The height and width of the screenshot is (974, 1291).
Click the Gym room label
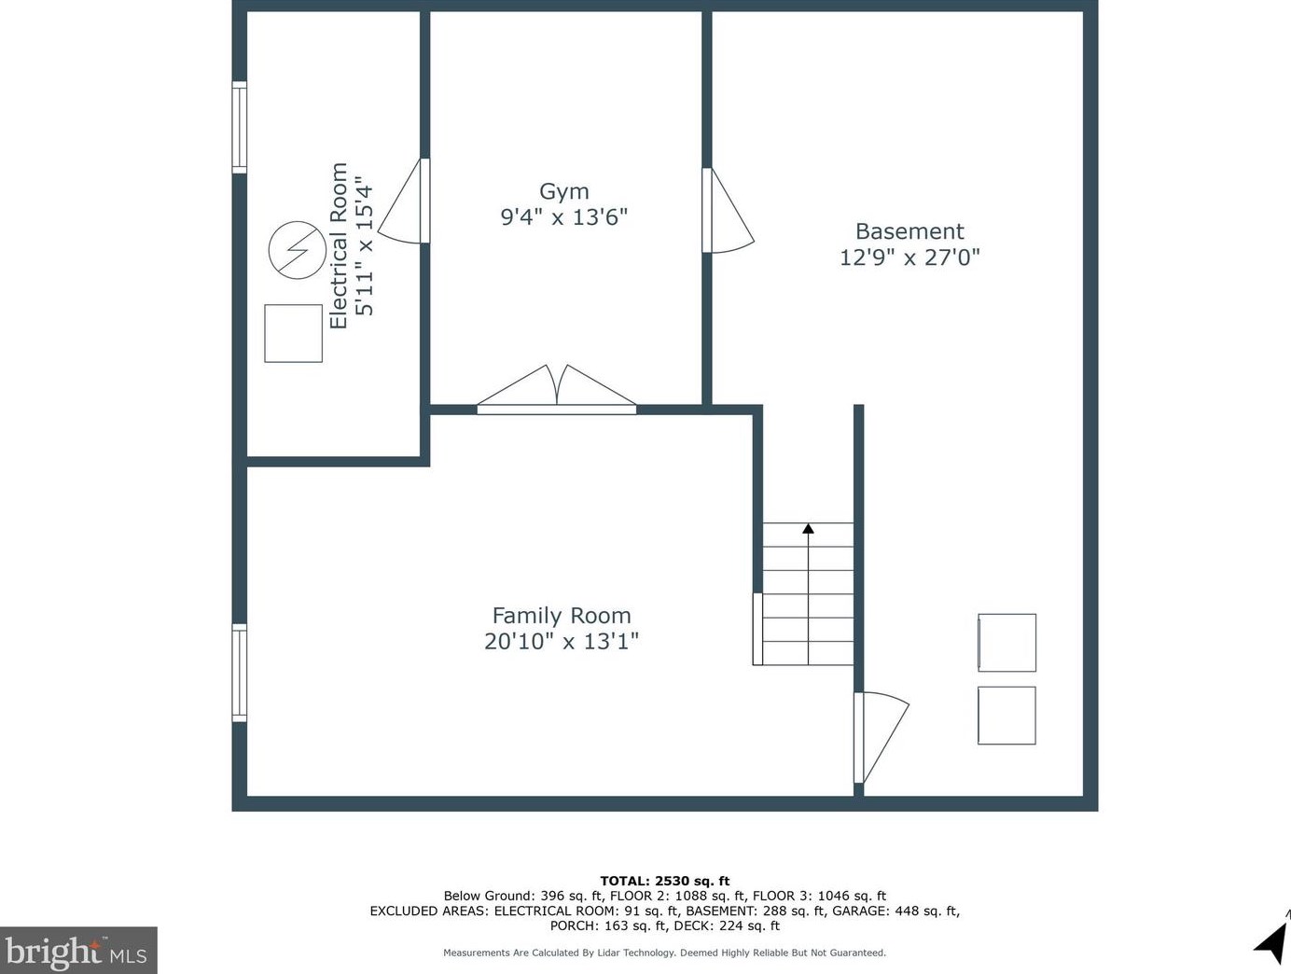[564, 192]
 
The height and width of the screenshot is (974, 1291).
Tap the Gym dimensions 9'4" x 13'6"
[564, 217]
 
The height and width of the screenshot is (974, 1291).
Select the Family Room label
[562, 616]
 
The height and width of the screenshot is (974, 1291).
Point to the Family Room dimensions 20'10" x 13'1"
[562, 641]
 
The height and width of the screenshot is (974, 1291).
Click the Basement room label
[909, 231]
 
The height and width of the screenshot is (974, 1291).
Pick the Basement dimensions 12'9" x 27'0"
[909, 257]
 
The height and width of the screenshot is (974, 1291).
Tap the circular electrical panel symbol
[297, 250]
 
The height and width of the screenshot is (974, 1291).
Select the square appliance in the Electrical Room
[294, 333]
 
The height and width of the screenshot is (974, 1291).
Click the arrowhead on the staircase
[808, 528]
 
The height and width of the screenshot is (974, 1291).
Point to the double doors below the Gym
[556, 389]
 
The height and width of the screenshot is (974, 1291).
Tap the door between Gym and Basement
[729, 211]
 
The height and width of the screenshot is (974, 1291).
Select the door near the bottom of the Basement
[881, 738]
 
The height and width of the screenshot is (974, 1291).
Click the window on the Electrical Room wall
[240, 128]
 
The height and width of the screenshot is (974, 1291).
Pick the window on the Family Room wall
[240, 673]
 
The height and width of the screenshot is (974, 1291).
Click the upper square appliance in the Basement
[1006, 643]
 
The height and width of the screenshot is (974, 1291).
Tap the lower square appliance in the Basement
[1006, 716]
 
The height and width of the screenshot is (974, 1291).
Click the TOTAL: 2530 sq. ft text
[664, 881]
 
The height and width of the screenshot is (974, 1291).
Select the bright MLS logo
[78, 950]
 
